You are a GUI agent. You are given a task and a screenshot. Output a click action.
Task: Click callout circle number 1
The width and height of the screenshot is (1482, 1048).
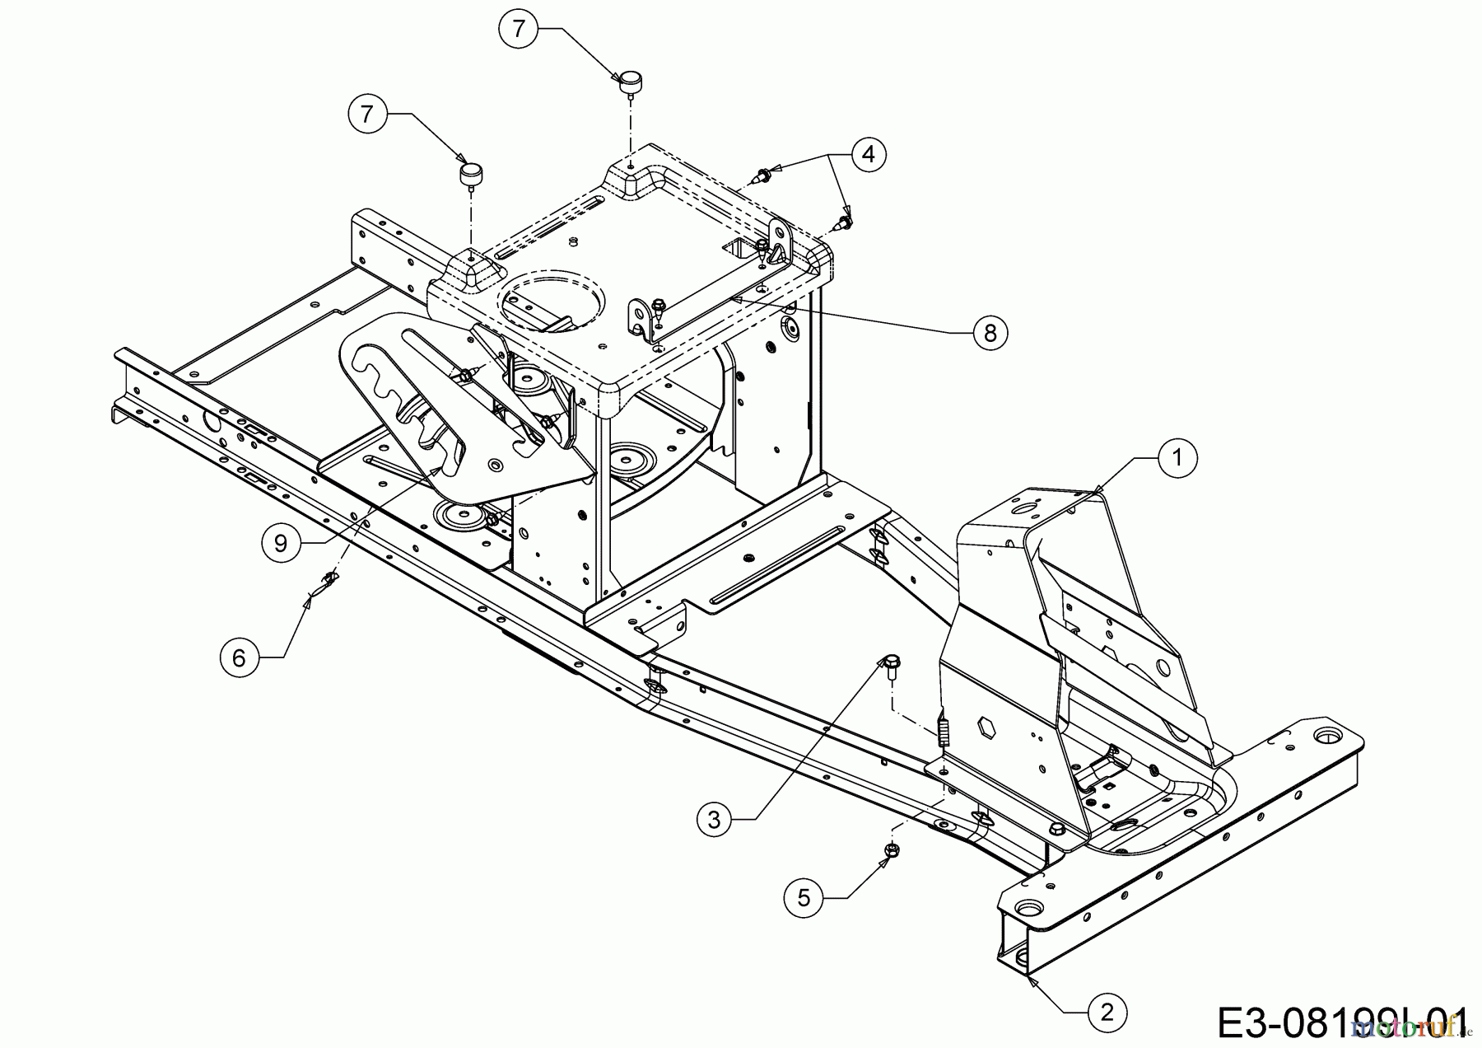coord(1177,457)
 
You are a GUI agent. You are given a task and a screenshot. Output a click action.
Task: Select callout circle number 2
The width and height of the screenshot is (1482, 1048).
coord(1107,1012)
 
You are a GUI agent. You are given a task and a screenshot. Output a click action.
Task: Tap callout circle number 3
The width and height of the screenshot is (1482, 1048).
coord(714,819)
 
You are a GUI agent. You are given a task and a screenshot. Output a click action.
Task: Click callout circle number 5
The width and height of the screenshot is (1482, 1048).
coord(804,897)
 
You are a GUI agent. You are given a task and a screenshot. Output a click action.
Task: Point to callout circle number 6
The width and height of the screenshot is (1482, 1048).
coord(239,657)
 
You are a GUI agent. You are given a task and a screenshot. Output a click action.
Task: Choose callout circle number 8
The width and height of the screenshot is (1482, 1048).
coord(990,332)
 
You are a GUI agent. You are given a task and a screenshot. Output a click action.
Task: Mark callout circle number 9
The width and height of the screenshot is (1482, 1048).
coord(281,543)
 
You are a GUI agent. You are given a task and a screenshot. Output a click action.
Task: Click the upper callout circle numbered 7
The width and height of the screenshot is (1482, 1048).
coord(518,29)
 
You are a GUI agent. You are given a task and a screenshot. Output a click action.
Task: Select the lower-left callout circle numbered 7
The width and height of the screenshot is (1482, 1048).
coord(367,113)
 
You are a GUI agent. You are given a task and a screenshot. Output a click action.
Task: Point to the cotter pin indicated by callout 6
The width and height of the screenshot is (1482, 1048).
coord(329,582)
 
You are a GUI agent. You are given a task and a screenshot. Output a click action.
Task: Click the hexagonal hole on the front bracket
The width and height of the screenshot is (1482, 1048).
coord(986,728)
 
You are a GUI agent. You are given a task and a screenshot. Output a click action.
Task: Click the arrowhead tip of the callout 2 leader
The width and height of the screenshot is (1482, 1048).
coord(1030,978)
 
